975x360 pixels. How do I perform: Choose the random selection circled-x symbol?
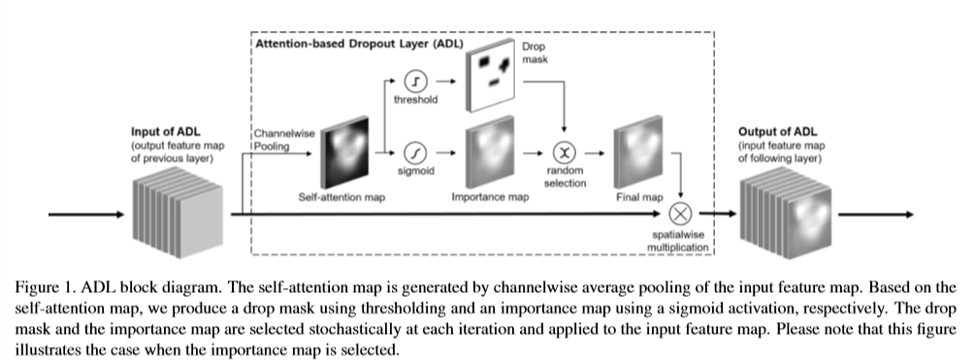(x=563, y=153)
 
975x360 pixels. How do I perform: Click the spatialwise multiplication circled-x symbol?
(x=684, y=213)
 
